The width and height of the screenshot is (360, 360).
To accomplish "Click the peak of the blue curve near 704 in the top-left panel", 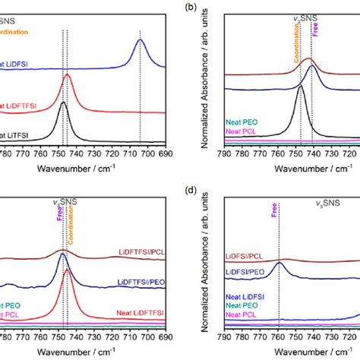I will (141, 41).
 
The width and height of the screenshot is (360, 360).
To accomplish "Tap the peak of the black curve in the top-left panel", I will (63, 103).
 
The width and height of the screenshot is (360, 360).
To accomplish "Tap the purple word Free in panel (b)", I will (315, 33).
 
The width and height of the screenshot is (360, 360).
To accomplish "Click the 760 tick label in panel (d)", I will (279, 335).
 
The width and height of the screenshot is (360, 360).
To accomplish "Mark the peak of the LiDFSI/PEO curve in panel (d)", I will (279, 263).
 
